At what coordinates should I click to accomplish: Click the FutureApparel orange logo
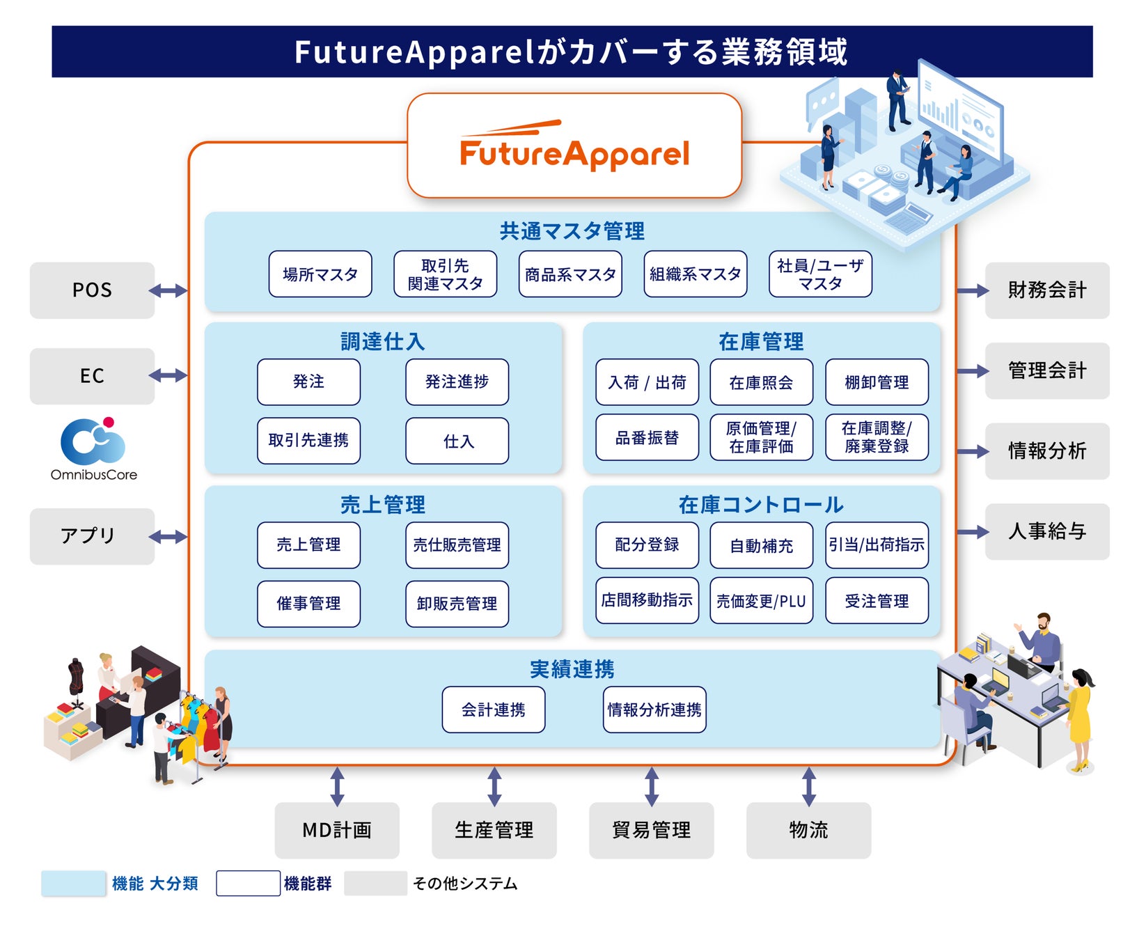pos(574,148)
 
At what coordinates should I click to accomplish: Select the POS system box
pos(92,290)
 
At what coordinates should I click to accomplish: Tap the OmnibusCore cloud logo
pos(93,441)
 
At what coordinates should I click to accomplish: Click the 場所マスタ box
pos(320,274)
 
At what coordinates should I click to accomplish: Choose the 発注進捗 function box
pos(457,382)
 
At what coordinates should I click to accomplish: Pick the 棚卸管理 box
pos(877,382)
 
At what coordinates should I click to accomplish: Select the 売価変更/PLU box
pos(761,600)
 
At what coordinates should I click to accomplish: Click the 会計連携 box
pos(493,710)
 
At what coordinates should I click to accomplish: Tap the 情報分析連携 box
pos(654,710)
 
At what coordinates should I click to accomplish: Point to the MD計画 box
pos(337,830)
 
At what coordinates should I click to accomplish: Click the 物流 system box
pos(808,830)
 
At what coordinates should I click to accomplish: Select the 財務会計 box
pos(1047,290)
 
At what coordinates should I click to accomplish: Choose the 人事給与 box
pos(1047,532)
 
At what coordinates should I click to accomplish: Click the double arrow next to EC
pos(168,376)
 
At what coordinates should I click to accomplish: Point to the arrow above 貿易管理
pos(652,786)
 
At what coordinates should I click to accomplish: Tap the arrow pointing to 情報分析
pos(973,452)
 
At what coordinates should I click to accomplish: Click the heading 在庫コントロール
pos(761,505)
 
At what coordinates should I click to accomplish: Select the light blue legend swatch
pos(73,884)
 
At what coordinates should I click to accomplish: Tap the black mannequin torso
pos(75,675)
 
